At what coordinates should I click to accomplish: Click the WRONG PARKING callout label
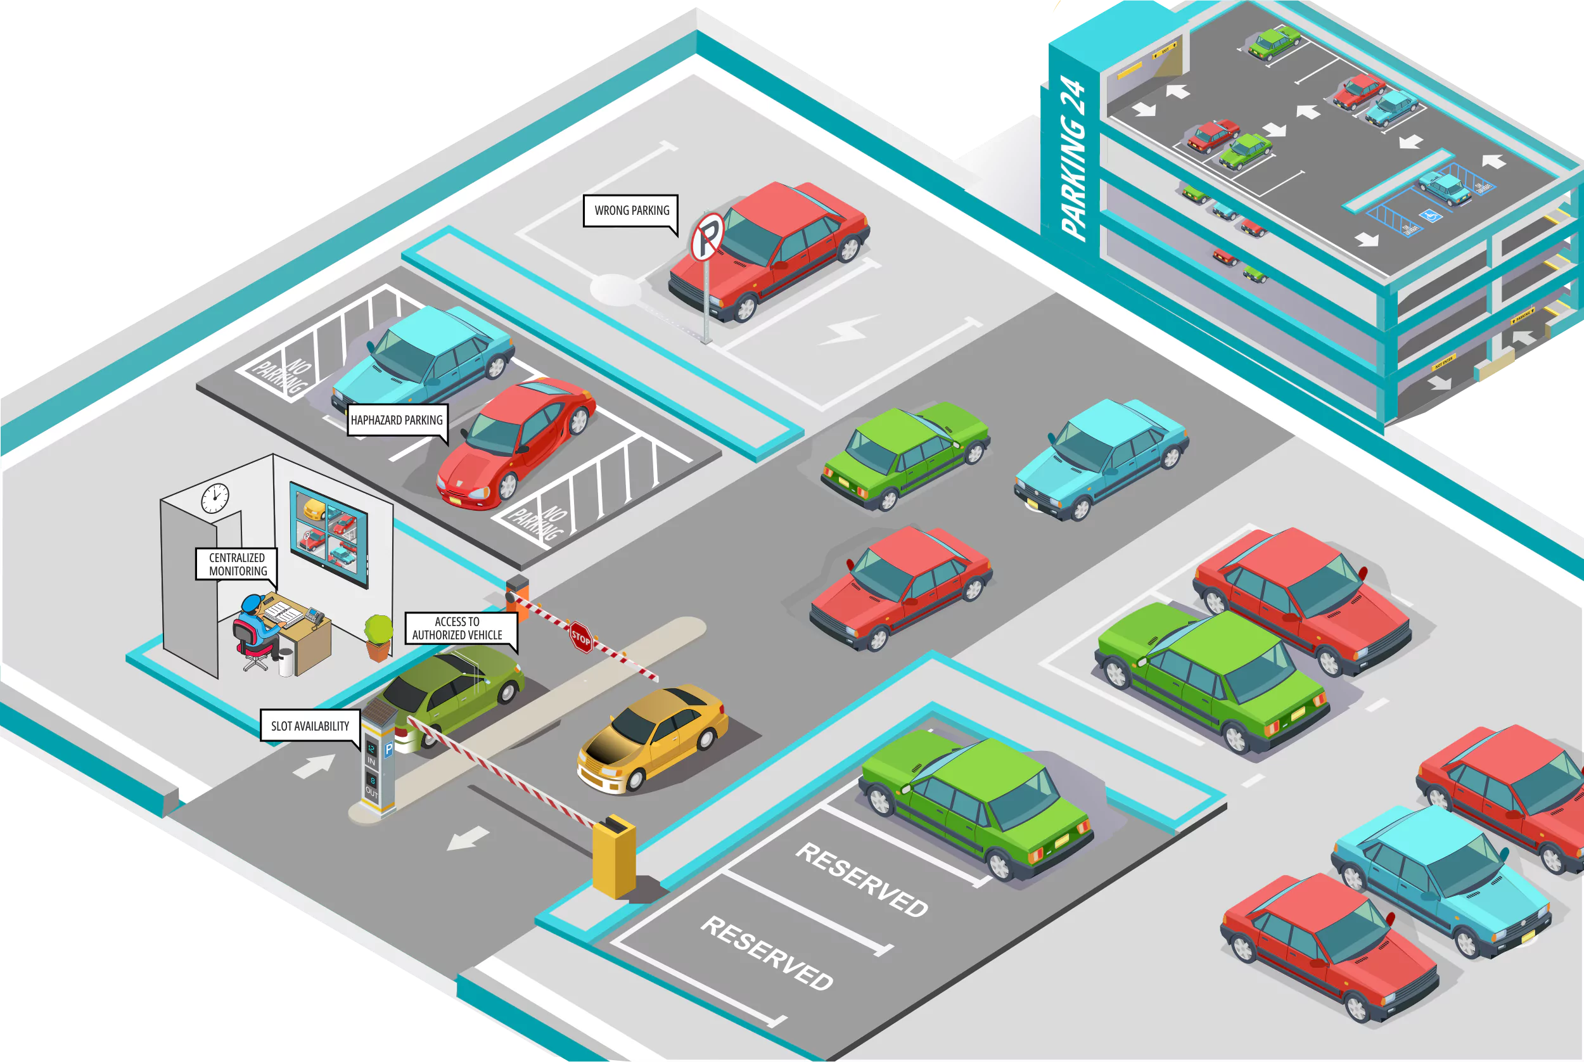[x=630, y=210]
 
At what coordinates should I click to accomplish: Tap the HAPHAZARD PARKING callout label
[x=396, y=420]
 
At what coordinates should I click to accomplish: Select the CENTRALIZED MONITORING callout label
[x=236, y=564]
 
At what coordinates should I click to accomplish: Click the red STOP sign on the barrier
[x=581, y=637]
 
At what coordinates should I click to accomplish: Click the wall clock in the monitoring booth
[x=215, y=498]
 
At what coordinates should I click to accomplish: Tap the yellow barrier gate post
[x=613, y=857]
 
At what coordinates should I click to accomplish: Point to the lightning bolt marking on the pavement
[x=846, y=330]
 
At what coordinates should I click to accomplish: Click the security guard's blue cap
[x=253, y=602]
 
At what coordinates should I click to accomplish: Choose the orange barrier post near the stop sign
[x=518, y=596]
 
